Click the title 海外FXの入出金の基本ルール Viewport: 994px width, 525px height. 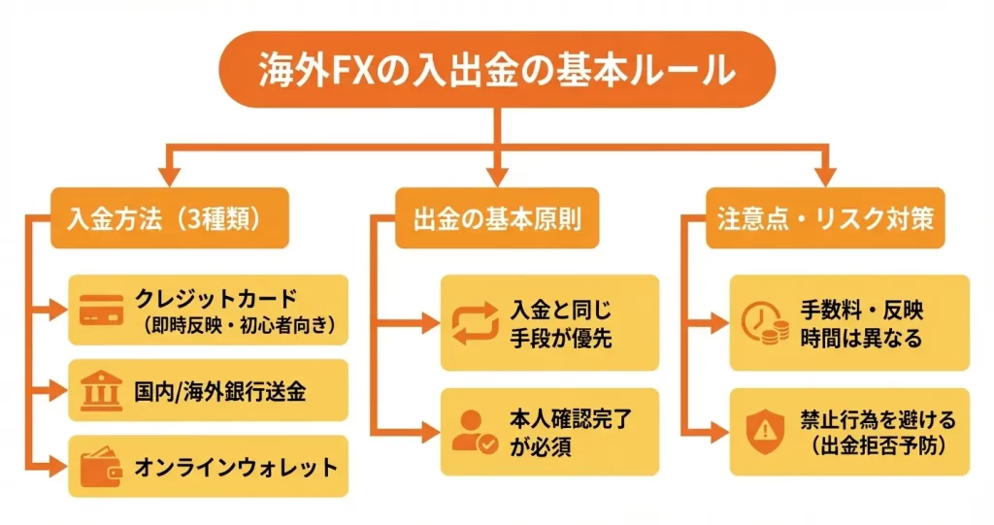pyautogui.click(x=496, y=69)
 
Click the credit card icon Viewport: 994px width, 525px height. pyautogui.click(x=100, y=311)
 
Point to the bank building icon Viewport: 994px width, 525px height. pyautogui.click(x=100, y=390)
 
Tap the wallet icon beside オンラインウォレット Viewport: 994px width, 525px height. pyautogui.click(x=100, y=468)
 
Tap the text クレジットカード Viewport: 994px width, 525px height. pyautogui.click(x=215, y=299)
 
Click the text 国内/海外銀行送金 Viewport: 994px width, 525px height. pyautogui.click(x=220, y=391)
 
